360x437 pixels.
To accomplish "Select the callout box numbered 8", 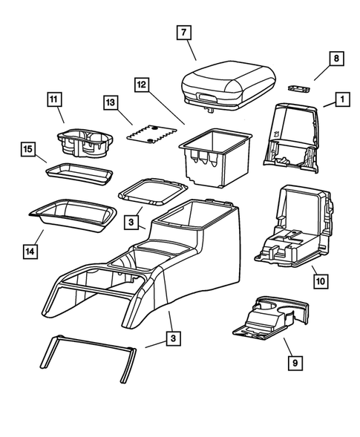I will [336, 59].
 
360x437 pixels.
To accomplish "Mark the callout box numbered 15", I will [27, 151].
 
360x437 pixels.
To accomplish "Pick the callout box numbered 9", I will [295, 363].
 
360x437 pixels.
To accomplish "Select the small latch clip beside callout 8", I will [298, 89].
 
